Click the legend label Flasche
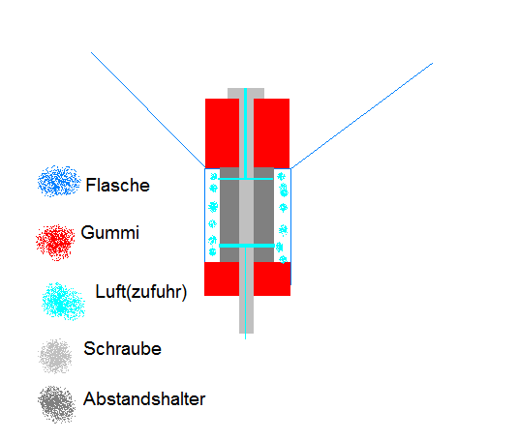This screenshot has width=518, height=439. (117, 185)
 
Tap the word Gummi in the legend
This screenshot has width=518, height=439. (110, 232)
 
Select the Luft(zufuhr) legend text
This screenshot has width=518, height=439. (141, 292)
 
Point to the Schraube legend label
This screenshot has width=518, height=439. (122, 349)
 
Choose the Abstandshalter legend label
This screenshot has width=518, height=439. (144, 399)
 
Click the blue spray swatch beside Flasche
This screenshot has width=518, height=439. (59, 181)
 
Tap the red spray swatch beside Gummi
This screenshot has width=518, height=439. (55, 243)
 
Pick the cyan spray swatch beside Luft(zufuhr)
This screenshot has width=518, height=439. (63, 301)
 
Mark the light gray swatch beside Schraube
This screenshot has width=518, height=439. (55, 356)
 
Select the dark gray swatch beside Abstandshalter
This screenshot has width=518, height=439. (56, 404)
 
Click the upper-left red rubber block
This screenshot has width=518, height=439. (222, 132)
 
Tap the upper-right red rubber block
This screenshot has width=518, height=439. (271, 133)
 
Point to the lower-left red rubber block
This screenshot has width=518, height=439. (222, 278)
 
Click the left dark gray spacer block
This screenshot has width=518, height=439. (229, 215)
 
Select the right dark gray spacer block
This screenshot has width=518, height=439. (263, 215)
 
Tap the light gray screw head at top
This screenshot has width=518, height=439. (246, 94)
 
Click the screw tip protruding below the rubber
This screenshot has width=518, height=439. (247, 314)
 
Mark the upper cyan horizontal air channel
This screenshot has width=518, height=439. (246, 179)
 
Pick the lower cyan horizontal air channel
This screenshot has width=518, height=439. (247, 246)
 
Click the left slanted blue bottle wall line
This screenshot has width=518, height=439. (148, 110)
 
